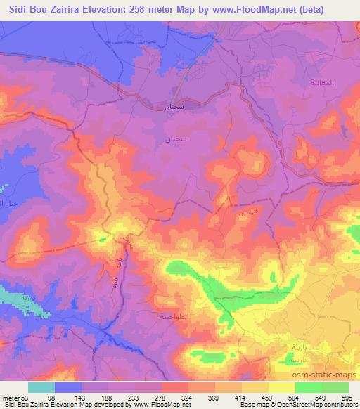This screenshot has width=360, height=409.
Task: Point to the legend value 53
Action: [28, 398]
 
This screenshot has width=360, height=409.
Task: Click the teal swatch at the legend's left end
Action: [41, 387]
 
